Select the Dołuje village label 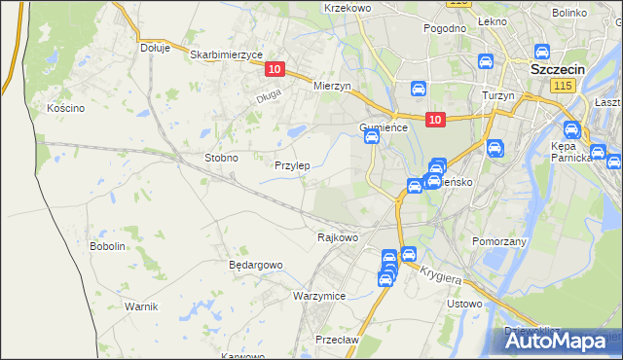(x=155, y=47)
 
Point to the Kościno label (x=66, y=108)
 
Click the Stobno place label (x=221, y=157)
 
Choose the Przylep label (x=292, y=165)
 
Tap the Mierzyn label (x=331, y=86)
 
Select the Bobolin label (x=108, y=246)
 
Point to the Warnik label (x=141, y=306)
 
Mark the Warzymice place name (x=319, y=295)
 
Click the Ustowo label (x=463, y=304)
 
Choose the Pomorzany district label (x=499, y=240)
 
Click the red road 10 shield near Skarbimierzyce (x=274, y=69)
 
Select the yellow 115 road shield (x=561, y=88)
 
